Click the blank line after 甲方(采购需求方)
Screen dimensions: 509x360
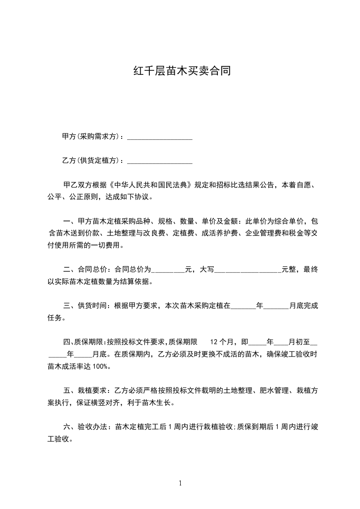click(160, 137)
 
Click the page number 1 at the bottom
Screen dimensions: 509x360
click(180, 484)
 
